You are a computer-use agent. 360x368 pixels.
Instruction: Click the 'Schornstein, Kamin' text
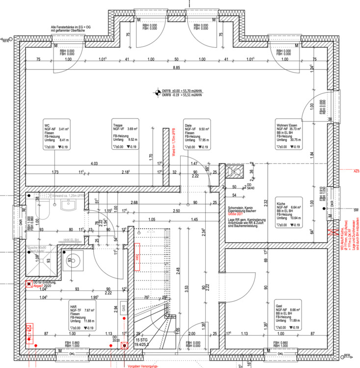click(x=243, y=209)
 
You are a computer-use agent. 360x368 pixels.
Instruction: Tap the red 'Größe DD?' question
click(x=235, y=216)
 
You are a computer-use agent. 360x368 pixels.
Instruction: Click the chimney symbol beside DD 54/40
click(x=234, y=171)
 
